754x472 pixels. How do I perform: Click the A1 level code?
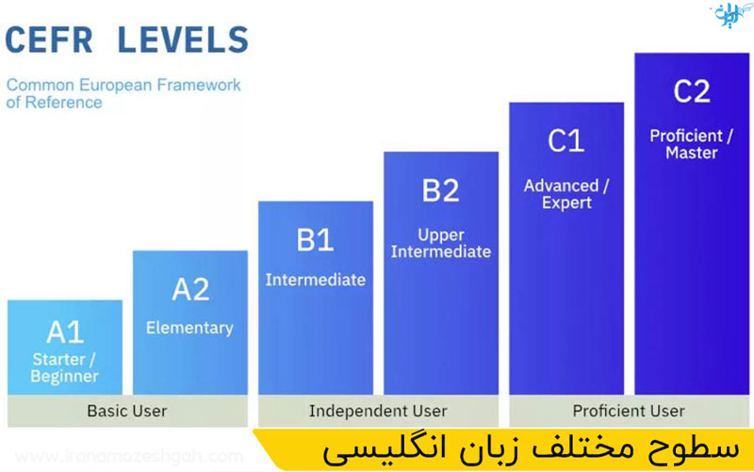pos(65,332)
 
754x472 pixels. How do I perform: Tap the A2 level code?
pos(190,289)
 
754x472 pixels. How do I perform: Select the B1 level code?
pos(315,240)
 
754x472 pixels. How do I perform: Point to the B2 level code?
pos(440,191)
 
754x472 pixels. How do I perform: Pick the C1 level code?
pos(566,141)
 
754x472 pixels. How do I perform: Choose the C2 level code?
pos(691,92)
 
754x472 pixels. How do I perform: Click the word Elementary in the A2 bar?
pos(189,328)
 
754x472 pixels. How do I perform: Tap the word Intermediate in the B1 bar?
pos(315,280)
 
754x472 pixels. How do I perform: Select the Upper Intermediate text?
pos(440,242)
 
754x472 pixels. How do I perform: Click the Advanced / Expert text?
pos(566,193)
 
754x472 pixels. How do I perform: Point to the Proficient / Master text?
pos(691,144)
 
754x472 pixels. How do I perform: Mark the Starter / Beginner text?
pos(65,368)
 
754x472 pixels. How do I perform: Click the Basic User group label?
pos(126,411)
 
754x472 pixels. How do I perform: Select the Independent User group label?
pos(378,411)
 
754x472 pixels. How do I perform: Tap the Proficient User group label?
pos(629,411)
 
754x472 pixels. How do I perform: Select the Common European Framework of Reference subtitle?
pos(123,93)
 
